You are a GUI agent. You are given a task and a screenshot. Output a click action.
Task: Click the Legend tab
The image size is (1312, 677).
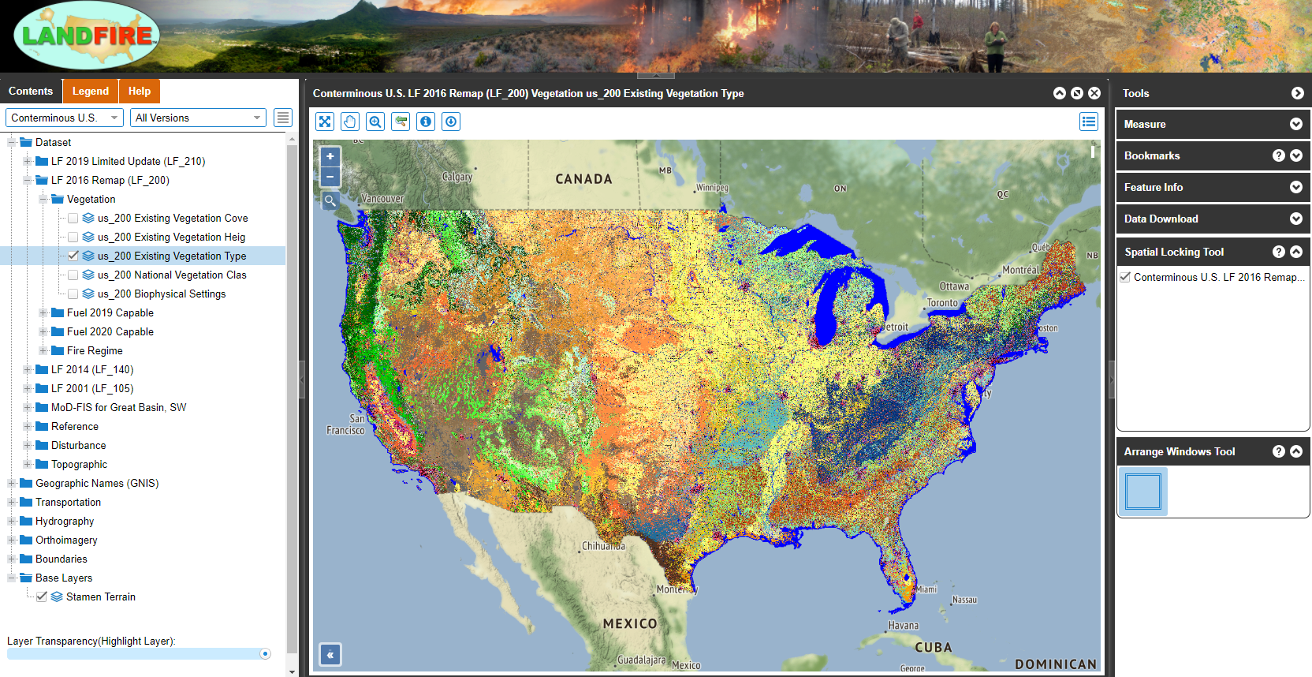click(x=91, y=92)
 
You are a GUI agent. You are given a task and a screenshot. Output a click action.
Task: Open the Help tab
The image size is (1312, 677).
click(x=140, y=92)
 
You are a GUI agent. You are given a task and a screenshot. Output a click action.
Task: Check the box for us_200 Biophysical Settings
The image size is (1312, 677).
click(x=73, y=294)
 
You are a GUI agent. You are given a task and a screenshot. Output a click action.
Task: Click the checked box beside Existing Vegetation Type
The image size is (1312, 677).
click(x=73, y=256)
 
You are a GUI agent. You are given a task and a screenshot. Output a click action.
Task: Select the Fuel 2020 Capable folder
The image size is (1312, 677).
click(x=110, y=332)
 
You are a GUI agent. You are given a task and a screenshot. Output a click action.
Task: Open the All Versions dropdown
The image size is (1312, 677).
click(x=198, y=118)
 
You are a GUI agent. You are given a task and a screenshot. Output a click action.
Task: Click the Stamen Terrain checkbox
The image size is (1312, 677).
click(x=42, y=597)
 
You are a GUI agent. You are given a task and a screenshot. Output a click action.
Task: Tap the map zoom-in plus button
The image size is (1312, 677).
click(x=330, y=156)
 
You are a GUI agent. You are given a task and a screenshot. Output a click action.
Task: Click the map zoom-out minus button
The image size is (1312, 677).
click(x=330, y=177)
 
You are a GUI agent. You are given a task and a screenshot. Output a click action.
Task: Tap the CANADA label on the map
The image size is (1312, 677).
click(x=583, y=179)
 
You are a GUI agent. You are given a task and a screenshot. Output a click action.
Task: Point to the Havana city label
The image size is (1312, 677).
click(x=904, y=626)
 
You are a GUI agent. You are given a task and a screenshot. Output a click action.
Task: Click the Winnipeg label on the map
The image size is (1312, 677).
click(x=713, y=188)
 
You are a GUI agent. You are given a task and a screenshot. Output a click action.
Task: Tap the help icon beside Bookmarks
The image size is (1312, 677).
click(x=1279, y=155)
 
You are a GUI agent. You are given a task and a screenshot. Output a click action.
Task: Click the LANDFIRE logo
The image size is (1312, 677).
click(x=88, y=36)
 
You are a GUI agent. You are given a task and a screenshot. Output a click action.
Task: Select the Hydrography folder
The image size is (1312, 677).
click(x=65, y=522)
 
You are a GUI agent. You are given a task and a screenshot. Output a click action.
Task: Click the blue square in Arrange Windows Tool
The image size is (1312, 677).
click(x=1143, y=492)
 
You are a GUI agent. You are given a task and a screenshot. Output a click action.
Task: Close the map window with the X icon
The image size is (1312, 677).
click(x=1094, y=93)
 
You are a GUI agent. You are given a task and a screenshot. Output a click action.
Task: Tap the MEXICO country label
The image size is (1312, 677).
click(x=630, y=623)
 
